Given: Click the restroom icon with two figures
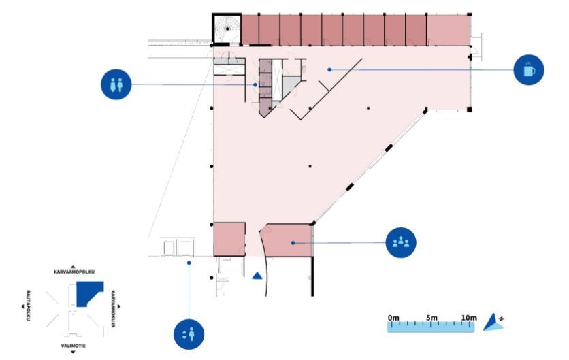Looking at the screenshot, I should tap(115, 84).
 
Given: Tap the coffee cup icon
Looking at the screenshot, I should tap(529, 69).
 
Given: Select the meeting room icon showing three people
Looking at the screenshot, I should tap(400, 242).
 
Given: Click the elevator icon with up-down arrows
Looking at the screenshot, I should tap(189, 334).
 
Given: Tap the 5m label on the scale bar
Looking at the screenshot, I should tap(431, 318).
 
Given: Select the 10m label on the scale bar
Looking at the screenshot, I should tap(468, 318).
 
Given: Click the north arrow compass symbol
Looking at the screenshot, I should tap(493, 323).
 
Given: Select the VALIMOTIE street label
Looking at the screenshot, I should tap(73, 346).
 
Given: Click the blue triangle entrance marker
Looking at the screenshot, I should tap(257, 276).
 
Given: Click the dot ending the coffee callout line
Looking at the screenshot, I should tap(329, 69).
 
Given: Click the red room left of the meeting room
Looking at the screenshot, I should tap(229, 238).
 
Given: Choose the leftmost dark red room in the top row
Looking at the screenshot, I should tap(253, 29).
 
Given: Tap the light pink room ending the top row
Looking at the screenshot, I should tap(448, 29).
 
